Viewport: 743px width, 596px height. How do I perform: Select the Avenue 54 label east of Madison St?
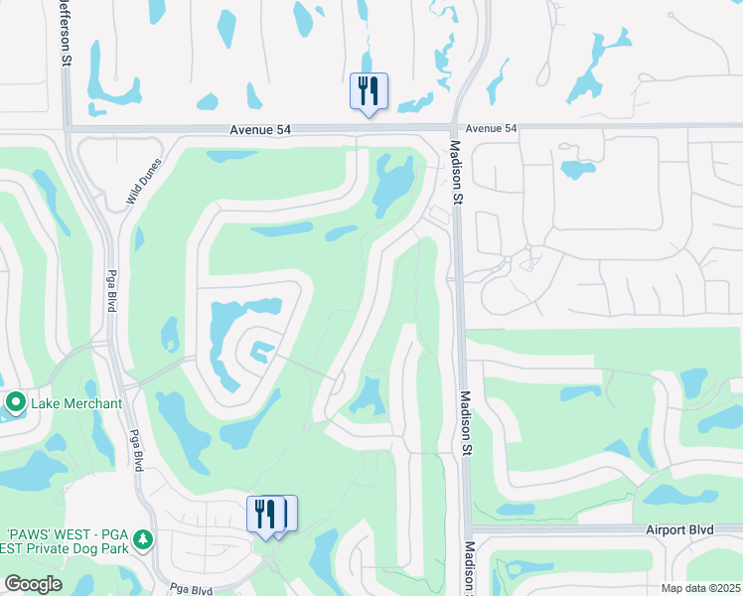click(x=492, y=128)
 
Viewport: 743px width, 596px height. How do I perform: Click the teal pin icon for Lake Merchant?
click(x=15, y=403)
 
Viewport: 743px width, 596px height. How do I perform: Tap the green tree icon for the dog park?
click(x=144, y=539)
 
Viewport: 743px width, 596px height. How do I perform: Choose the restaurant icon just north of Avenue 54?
click(x=369, y=91)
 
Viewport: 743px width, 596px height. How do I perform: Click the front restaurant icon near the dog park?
click(x=264, y=514)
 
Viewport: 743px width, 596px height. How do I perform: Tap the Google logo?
click(x=34, y=584)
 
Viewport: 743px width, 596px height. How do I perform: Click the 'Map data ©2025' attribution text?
click(x=700, y=588)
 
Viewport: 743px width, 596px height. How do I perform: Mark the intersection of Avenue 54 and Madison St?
click(x=454, y=127)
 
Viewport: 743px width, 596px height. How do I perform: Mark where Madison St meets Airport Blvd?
click(x=467, y=528)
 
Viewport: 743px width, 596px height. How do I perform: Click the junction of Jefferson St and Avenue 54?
click(x=67, y=128)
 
